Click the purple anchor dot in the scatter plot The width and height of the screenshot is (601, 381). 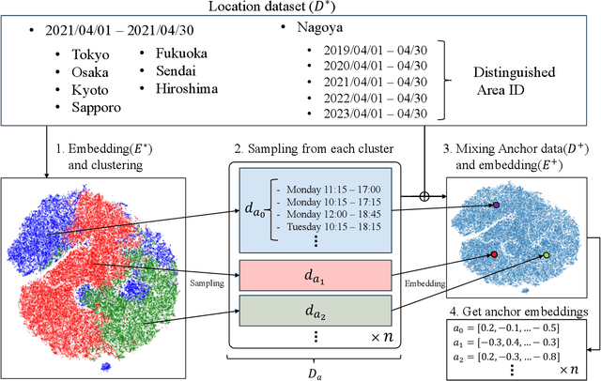click(x=496, y=204)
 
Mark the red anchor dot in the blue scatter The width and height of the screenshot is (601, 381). click(x=494, y=254)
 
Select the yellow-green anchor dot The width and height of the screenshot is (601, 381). click(x=547, y=255)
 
